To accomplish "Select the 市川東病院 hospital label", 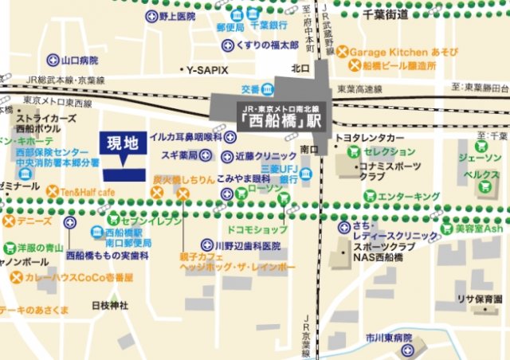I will point(386,338).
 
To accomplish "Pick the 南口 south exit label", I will point(310,151).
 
